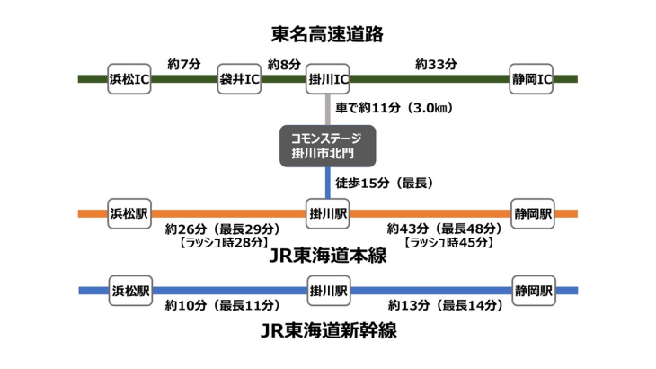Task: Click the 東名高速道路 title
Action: pyautogui.click(x=328, y=34)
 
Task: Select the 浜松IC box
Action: pyautogui.click(x=129, y=79)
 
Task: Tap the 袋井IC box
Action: pyautogui.click(x=240, y=79)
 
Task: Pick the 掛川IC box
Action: pyautogui.click(x=328, y=79)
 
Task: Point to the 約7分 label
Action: pyautogui.click(x=184, y=64)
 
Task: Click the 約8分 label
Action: pyautogui.click(x=284, y=64)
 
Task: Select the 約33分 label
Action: pyautogui.click(x=437, y=64)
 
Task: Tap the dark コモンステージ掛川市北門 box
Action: pyautogui.click(x=328, y=146)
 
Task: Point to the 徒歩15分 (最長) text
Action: pyautogui.click(x=384, y=184)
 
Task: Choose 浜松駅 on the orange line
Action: pyautogui.click(x=129, y=214)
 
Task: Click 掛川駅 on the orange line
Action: pyautogui.click(x=328, y=214)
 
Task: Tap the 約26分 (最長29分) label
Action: pyautogui.click(x=222, y=229)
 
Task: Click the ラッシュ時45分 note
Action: pyautogui.click(x=449, y=243)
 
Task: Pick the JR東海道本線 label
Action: pyautogui.click(x=328, y=256)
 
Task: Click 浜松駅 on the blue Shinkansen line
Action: pyautogui.click(x=129, y=291)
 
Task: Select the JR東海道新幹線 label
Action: pyautogui.click(x=328, y=331)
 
